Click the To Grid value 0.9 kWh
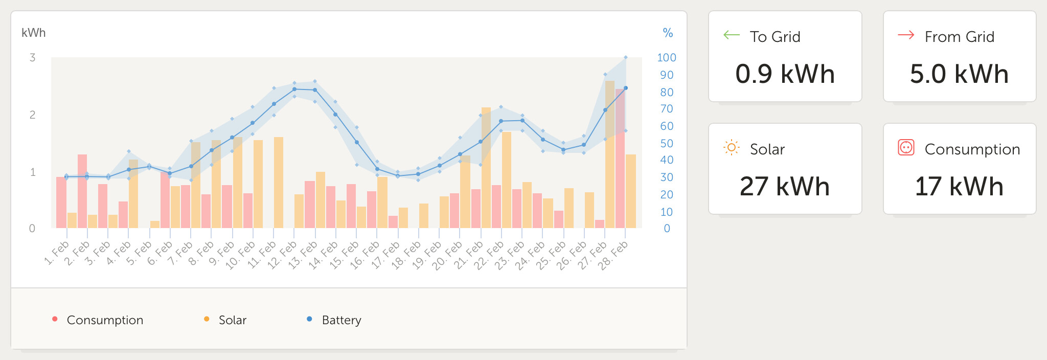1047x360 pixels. [785, 74]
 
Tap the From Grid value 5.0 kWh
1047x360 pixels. [959, 74]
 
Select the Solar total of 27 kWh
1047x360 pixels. [785, 187]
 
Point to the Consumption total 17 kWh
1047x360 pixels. [959, 187]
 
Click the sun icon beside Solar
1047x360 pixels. [732, 148]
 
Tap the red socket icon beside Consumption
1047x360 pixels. [906, 148]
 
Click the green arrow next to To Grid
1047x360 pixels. [732, 35]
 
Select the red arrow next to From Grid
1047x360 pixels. [906, 35]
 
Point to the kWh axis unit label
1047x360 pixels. [34, 33]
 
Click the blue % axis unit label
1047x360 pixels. [668, 33]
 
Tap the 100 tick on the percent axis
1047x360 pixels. [667, 58]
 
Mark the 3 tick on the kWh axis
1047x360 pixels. [33, 58]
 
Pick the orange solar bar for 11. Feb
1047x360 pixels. [279, 182]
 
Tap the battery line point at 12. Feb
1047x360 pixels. [294, 89]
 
